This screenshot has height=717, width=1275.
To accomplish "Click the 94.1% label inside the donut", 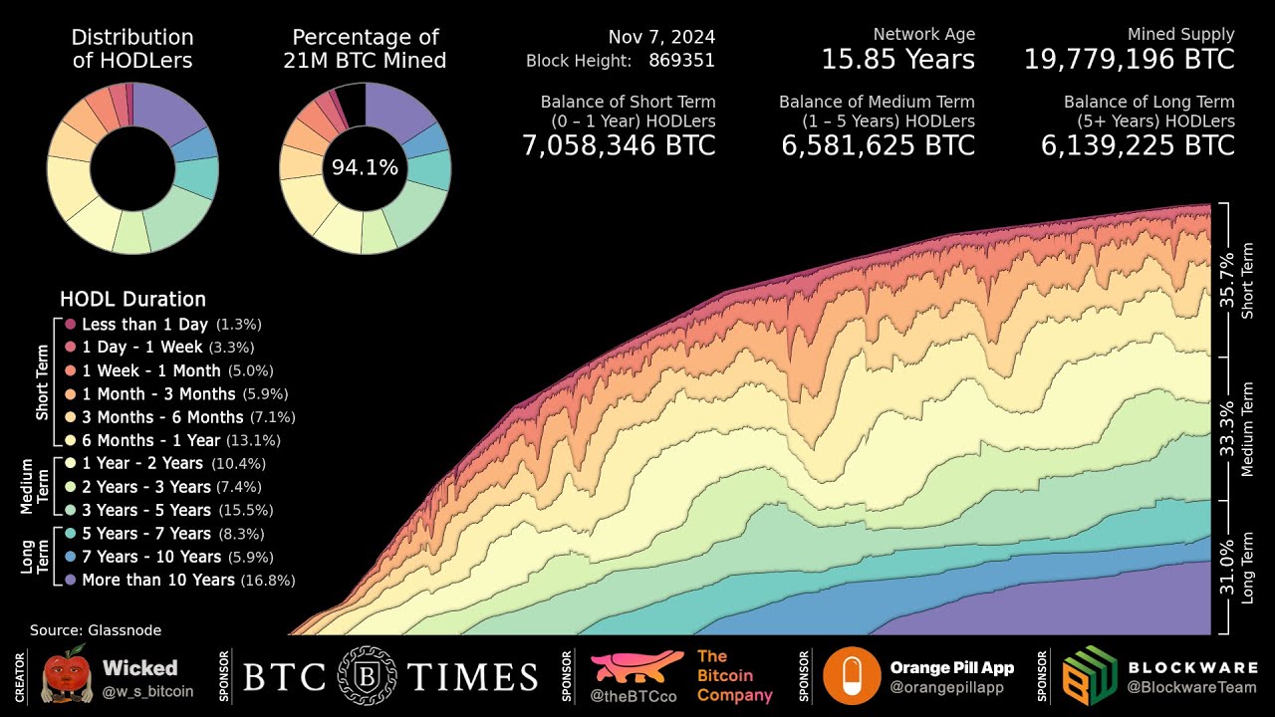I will (365, 168).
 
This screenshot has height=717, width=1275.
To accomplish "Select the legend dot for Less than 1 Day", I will (71, 325).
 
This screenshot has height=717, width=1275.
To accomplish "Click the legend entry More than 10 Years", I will (157, 580).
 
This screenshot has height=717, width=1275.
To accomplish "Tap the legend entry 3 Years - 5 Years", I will (145, 510).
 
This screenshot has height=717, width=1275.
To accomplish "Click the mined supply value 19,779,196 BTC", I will (1129, 60).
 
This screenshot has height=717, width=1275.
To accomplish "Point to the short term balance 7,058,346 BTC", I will (619, 145).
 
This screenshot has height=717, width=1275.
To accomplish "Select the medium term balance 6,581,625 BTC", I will (878, 145).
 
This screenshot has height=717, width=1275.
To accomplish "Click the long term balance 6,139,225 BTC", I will (1138, 145).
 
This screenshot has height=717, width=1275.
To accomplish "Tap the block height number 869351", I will (681, 60).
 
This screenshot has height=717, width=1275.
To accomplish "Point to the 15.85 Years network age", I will (897, 60).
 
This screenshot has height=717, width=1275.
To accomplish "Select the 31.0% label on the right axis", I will (1227, 565).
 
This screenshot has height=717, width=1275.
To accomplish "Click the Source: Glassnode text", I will (96, 630).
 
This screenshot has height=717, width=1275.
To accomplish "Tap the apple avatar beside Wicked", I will (66, 676).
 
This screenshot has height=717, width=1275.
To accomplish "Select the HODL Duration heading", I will (132, 299).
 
